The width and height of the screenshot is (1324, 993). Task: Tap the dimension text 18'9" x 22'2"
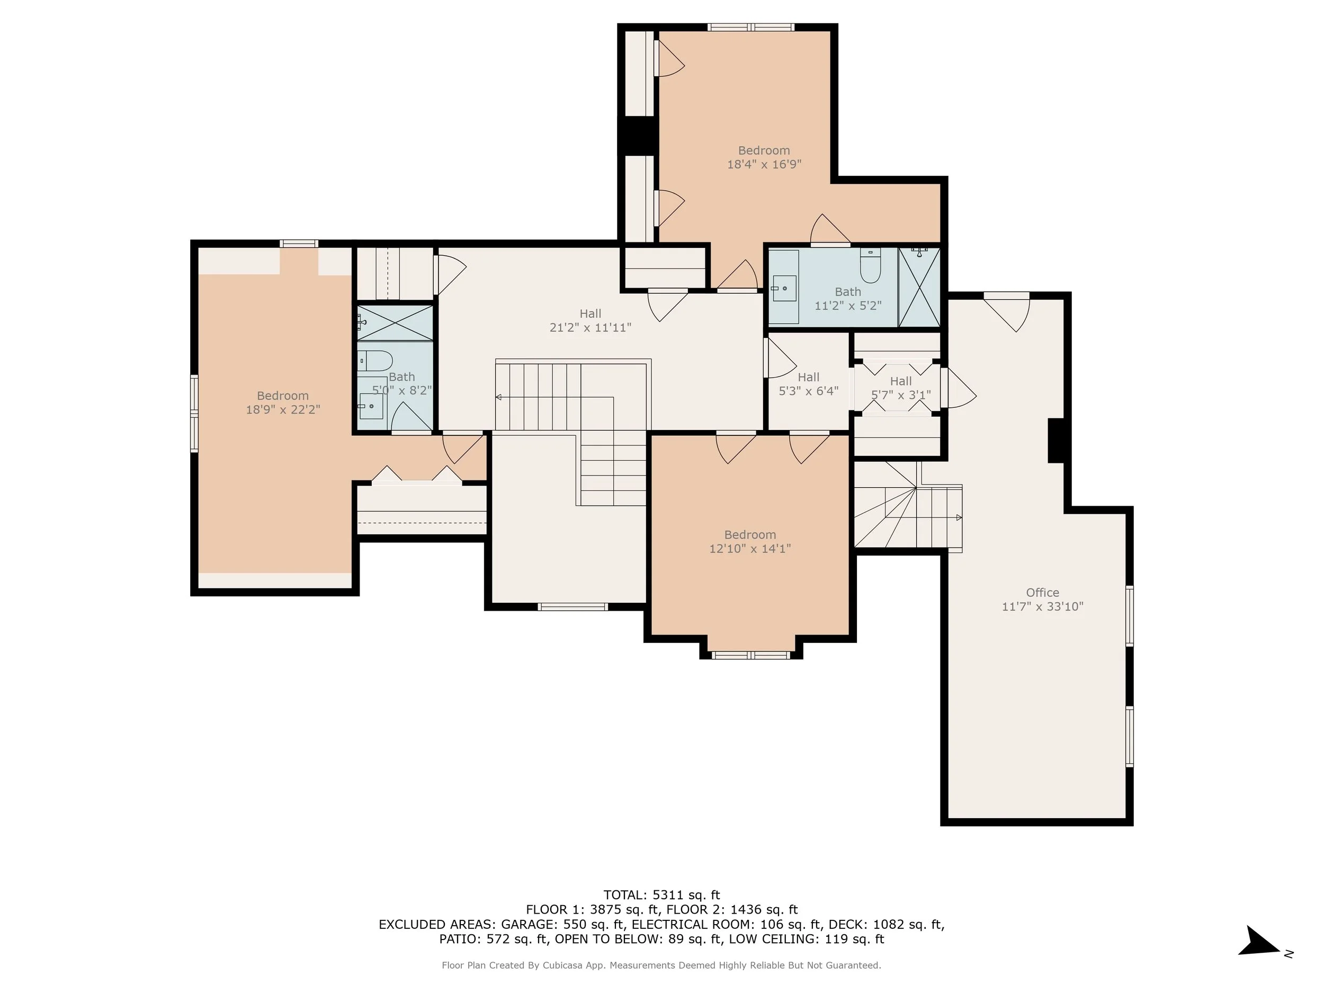[283, 409]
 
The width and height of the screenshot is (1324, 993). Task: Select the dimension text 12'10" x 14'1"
[750, 548]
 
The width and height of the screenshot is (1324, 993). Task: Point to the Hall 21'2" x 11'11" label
[590, 320]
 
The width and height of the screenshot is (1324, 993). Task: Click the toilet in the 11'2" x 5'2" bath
[870, 266]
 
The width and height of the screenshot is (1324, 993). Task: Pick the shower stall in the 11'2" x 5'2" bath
[919, 287]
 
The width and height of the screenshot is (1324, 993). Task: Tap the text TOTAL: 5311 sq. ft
[661, 895]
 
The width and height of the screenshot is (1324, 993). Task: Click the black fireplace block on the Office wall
[1057, 441]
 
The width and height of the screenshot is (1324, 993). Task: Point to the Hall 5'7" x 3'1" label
[901, 388]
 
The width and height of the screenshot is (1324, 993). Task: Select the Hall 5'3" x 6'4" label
[808, 383]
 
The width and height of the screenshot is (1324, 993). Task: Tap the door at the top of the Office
[1007, 311]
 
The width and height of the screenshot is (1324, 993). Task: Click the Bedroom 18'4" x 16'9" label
[764, 157]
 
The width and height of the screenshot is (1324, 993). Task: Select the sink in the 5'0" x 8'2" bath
[371, 406]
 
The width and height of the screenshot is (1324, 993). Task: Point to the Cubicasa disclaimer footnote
[661, 965]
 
